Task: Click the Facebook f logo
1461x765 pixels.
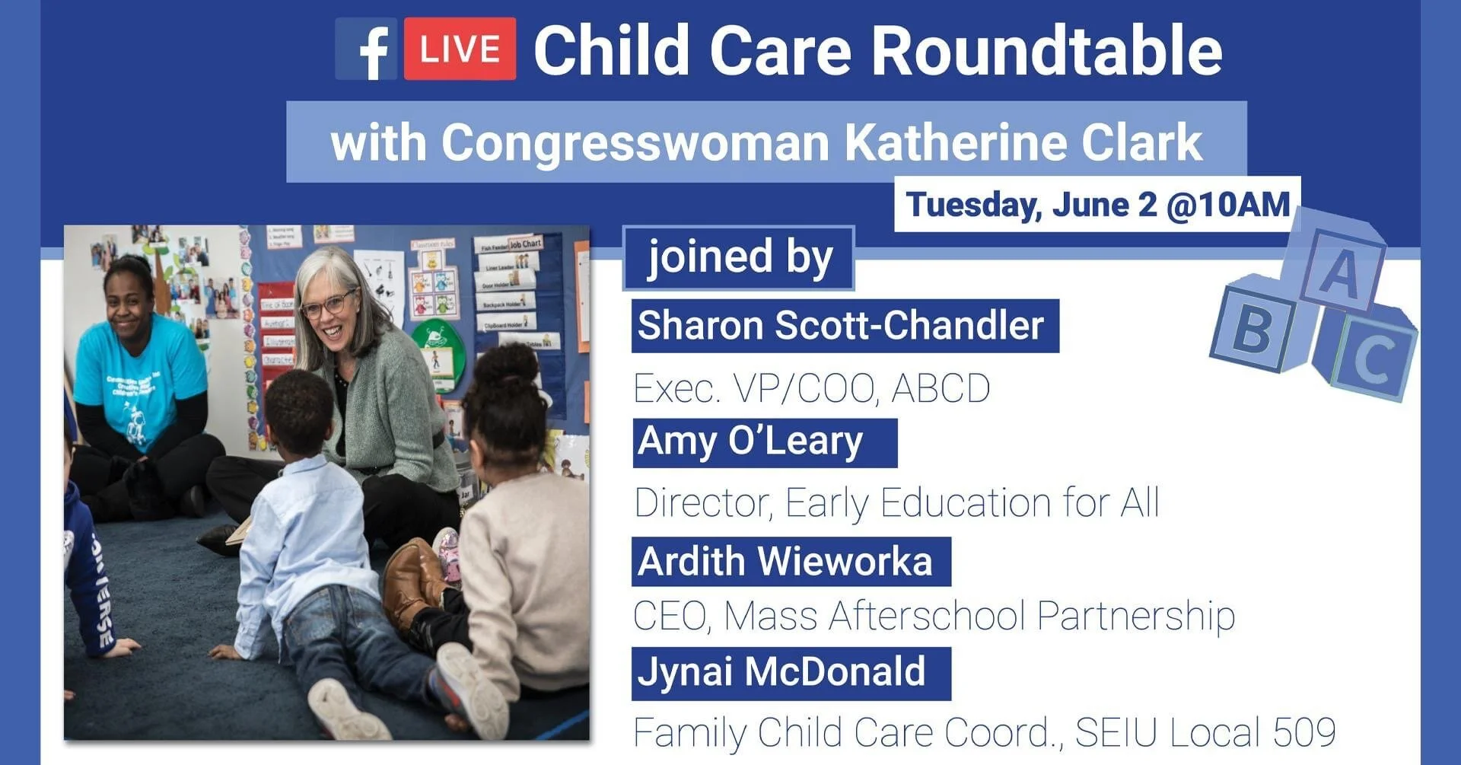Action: point(367,49)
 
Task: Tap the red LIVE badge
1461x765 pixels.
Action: point(460,49)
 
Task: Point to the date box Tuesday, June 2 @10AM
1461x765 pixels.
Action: point(1097,204)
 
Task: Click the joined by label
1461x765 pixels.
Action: point(739,257)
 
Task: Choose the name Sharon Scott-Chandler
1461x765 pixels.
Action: point(841,326)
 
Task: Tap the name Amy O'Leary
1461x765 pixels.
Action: point(751,441)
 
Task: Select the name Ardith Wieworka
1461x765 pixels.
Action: point(785,562)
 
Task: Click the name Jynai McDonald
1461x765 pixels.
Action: point(781,672)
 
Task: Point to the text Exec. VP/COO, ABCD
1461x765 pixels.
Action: point(811,388)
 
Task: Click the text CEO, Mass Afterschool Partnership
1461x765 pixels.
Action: point(934,616)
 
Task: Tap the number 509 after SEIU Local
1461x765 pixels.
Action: point(1304,732)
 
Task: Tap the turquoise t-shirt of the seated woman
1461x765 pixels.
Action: point(141,381)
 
